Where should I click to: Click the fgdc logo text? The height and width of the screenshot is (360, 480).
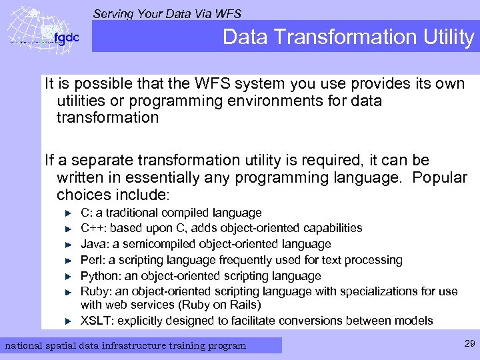66,37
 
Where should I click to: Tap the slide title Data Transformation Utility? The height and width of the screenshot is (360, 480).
348,37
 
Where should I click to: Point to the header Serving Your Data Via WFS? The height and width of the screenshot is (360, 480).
167,13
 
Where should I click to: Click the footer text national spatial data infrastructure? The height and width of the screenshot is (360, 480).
125,345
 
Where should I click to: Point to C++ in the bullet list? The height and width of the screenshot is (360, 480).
92,228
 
